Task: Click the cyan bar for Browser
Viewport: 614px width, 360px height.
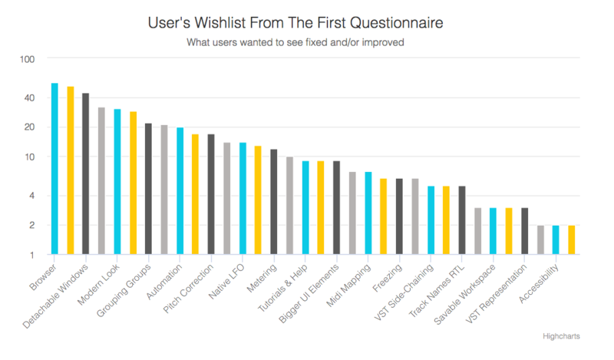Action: (54, 169)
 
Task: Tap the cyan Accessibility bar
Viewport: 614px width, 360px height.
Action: (556, 240)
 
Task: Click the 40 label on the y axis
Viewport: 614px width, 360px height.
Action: (28, 97)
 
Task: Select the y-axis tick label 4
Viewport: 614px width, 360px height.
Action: (31, 196)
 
